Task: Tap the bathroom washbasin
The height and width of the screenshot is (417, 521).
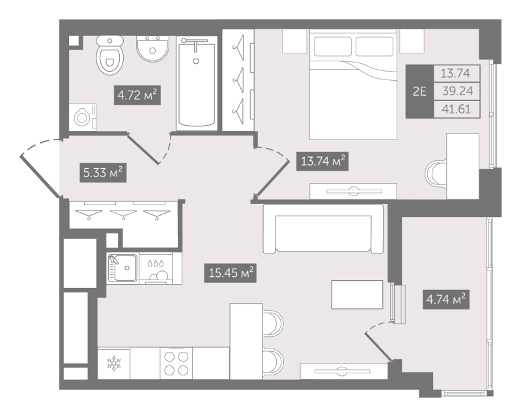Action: [x=152, y=49]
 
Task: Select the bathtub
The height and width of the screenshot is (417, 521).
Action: [x=196, y=81]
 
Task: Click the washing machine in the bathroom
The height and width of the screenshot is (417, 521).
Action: [x=83, y=117]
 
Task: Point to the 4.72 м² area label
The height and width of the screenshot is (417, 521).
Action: [x=137, y=95]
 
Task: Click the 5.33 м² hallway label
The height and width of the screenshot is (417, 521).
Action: [x=103, y=172]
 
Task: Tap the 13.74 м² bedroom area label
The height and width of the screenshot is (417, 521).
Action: [x=322, y=161]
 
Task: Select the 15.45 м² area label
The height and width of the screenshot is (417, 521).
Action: [x=231, y=273]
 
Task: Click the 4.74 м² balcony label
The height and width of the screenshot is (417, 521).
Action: [x=446, y=299]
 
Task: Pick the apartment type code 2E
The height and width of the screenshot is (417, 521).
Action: [x=419, y=91]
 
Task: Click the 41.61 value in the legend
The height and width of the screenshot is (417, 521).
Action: [x=457, y=109]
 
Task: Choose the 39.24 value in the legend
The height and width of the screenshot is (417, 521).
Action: [x=457, y=91]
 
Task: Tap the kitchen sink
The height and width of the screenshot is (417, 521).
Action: [x=122, y=268]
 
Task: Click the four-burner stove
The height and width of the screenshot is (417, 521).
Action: [x=176, y=363]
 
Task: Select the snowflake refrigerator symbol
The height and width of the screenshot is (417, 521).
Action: [x=113, y=363]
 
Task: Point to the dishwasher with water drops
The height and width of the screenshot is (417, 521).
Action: [x=156, y=268]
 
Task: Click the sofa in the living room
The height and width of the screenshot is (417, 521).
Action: [x=323, y=229]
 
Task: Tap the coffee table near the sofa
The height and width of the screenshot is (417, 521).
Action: [x=357, y=295]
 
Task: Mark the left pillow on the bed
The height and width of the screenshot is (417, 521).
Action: [x=333, y=46]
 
